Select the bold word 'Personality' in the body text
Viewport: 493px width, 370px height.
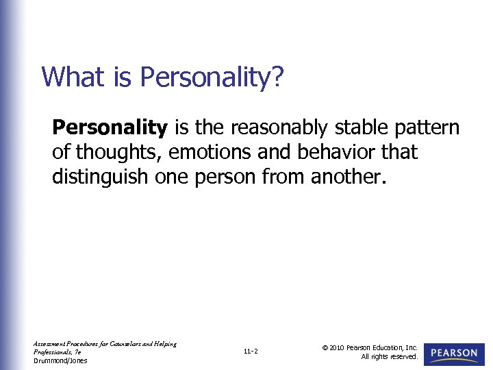(x=110, y=127)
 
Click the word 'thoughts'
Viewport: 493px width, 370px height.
(x=116, y=152)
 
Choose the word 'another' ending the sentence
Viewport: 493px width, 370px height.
(x=349, y=177)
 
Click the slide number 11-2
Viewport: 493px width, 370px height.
(x=251, y=352)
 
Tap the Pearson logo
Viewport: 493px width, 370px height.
(x=454, y=353)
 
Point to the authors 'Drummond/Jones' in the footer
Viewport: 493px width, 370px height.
(x=60, y=360)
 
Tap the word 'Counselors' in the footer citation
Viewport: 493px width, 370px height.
(x=133, y=344)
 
